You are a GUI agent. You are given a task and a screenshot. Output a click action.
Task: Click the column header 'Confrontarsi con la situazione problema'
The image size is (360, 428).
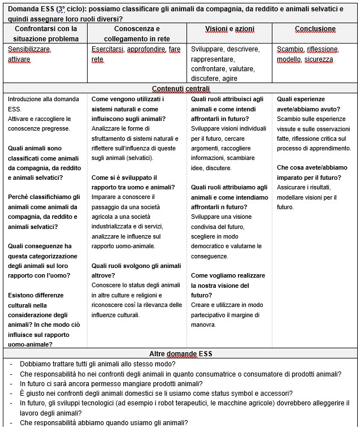coord(46,33)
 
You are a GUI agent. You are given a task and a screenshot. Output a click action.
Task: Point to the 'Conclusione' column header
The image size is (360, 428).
coord(315,28)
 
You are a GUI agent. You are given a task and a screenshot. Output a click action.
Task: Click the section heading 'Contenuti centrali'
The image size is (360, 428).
coord(180,89)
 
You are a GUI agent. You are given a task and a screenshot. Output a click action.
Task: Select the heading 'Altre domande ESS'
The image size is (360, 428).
coord(180,353)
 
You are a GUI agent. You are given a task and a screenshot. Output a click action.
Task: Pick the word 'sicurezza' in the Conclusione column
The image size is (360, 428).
coord(319,59)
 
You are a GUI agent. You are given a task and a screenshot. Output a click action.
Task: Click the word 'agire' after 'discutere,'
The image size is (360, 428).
coord(231,78)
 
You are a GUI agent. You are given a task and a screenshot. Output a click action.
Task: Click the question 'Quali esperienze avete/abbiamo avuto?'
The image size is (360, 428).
coord(309,104)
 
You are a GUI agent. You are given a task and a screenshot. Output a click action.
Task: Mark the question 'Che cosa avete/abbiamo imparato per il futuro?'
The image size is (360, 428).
coord(313,172)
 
